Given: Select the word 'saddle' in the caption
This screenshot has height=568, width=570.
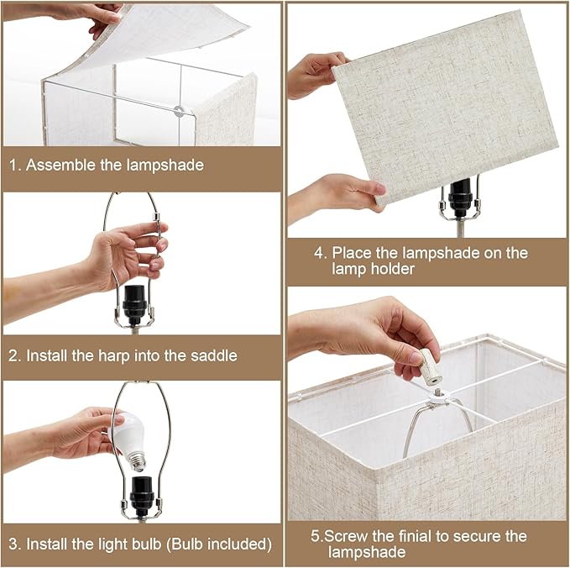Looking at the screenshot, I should pos(213,355).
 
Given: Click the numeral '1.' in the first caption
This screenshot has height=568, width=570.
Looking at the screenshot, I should pos(15,165).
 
